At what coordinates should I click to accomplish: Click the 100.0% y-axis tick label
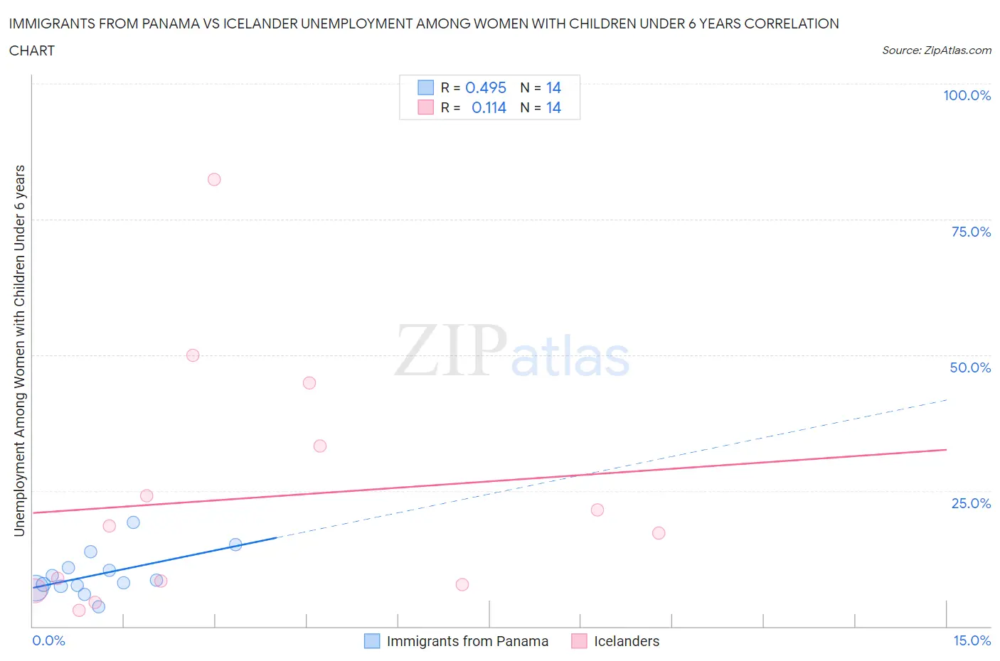click(967, 95)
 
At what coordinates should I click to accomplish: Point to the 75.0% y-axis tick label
click(971, 232)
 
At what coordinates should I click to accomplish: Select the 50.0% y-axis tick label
click(970, 367)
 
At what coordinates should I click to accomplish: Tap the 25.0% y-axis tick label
click(971, 503)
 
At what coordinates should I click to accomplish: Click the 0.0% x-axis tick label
click(48, 640)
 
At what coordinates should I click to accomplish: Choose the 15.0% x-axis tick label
click(972, 640)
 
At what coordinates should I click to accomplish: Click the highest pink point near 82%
click(214, 179)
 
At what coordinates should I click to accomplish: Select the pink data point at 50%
click(193, 355)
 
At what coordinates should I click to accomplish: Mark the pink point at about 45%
click(309, 382)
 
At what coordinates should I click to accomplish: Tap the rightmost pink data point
click(659, 533)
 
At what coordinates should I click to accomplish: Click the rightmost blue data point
click(235, 544)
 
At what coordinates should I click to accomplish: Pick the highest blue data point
click(133, 522)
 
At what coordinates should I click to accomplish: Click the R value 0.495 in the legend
click(485, 87)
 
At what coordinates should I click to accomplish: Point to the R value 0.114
click(489, 107)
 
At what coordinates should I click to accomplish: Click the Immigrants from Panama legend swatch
click(372, 641)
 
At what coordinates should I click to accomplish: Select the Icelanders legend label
click(627, 641)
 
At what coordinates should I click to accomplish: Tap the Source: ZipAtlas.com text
click(936, 50)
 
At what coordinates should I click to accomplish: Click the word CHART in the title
click(31, 50)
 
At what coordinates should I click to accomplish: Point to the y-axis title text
click(19, 350)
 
